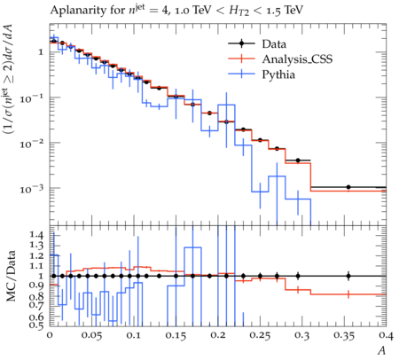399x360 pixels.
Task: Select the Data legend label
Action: (x=274, y=44)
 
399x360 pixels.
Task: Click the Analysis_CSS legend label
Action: (x=297, y=59)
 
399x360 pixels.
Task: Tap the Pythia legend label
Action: (x=278, y=74)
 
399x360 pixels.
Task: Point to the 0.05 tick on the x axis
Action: (x=91, y=335)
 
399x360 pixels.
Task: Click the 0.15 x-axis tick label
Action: (x=176, y=335)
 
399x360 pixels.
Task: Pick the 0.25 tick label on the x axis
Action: (x=260, y=335)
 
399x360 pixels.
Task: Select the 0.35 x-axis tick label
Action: (x=344, y=335)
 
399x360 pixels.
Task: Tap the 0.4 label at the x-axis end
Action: (x=386, y=335)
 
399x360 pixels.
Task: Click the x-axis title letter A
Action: (x=381, y=350)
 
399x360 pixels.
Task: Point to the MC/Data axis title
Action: (x=11, y=276)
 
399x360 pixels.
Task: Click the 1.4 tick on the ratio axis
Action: (x=36, y=235)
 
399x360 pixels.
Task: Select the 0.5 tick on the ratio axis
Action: (x=36, y=325)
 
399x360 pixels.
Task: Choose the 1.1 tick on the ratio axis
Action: (x=36, y=266)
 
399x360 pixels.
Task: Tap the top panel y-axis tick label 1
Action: (x=41, y=52)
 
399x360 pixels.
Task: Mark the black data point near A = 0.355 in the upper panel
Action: (x=348, y=187)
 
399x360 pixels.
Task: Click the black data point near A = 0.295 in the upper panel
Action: (x=298, y=160)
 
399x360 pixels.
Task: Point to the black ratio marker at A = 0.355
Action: (x=348, y=276)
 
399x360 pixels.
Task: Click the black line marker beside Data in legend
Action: (x=241, y=43)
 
